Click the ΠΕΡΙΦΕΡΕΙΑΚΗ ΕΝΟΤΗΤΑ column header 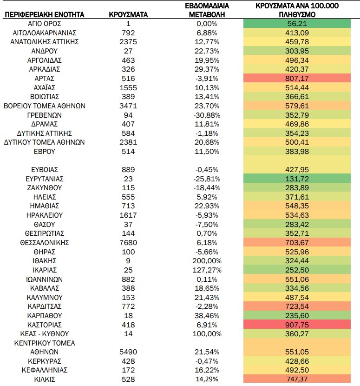(x=45, y=14)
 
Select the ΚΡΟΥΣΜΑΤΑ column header (x=128, y=14)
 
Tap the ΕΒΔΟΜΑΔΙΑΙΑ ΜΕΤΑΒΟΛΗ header (x=207, y=10)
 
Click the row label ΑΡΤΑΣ (x=45, y=79)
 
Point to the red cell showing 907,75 (x=297, y=325)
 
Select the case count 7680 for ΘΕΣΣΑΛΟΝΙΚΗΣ (x=128, y=243)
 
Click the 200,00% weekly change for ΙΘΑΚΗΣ (x=207, y=261)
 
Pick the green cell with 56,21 (x=297, y=24)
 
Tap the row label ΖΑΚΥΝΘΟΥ (x=45, y=188)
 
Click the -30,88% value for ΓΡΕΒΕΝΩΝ (x=207, y=115)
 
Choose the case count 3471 (x=128, y=106)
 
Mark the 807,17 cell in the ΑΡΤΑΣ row (x=297, y=79)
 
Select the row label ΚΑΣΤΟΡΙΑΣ (x=45, y=325)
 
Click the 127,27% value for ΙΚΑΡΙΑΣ (x=207, y=270)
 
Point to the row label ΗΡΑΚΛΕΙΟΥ (x=45, y=215)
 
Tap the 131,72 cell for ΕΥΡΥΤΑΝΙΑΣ (x=297, y=179)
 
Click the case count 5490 (x=128, y=352)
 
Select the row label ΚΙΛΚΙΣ (x=45, y=379)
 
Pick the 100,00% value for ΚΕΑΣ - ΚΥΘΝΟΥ (x=207, y=334)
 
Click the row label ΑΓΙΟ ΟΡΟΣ (x=45, y=24)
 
